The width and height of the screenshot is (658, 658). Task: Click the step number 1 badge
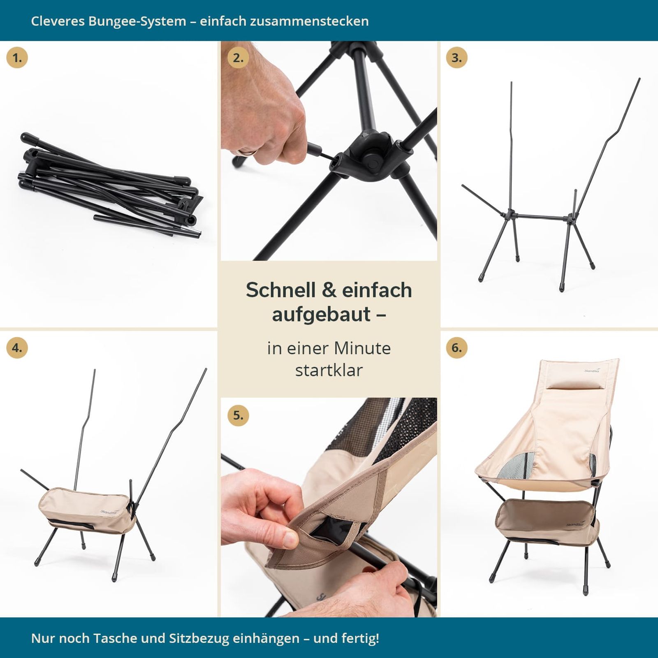coord(17,58)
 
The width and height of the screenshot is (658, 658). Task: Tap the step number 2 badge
coord(238,58)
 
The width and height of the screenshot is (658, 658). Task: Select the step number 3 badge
coord(456,58)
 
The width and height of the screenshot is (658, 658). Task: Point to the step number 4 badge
coord(17,348)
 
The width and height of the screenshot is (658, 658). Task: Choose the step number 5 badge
coord(238,415)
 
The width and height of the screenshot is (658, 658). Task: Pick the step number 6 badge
coord(456,348)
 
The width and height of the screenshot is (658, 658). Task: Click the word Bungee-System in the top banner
coord(137,21)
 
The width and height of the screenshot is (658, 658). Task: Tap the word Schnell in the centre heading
coord(281,290)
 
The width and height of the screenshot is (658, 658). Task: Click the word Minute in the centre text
coord(362,348)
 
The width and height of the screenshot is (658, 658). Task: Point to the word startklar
coord(329,370)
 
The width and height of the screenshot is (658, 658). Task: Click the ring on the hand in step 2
coord(247,152)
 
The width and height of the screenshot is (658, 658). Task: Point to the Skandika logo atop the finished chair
coord(592,370)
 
